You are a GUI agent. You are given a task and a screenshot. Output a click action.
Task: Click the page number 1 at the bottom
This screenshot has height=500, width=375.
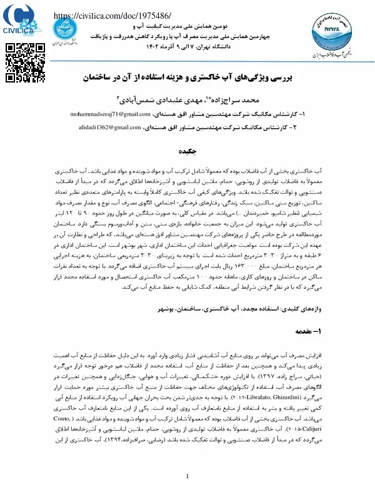point(188,477)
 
